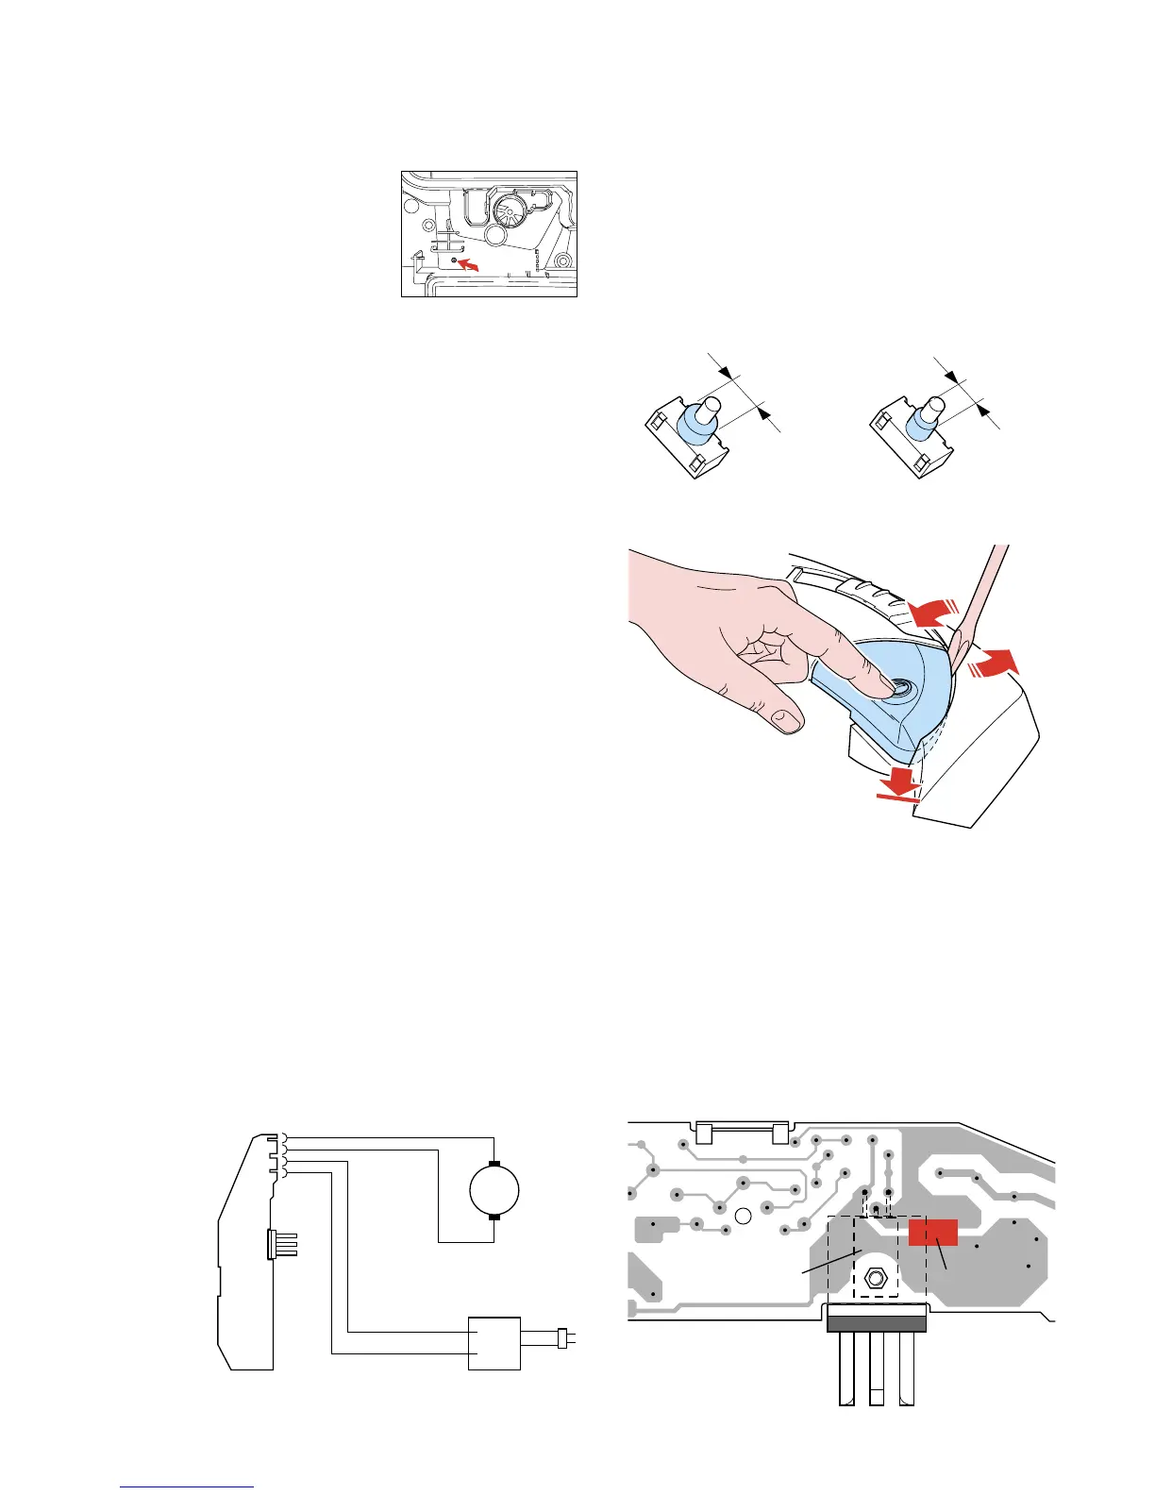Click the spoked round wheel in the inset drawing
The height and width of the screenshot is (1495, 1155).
pyautogui.click(x=510, y=211)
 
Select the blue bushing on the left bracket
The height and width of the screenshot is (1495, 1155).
pyautogui.click(x=696, y=424)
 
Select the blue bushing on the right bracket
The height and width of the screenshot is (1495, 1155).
pyautogui.click(x=919, y=426)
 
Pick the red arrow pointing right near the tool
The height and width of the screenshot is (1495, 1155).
pyautogui.click(x=993, y=663)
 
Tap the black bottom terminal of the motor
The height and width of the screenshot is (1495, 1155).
pyautogui.click(x=494, y=1218)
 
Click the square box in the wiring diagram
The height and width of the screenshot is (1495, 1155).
pyautogui.click(x=494, y=1343)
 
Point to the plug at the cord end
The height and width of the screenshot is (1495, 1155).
pyautogui.click(x=562, y=1337)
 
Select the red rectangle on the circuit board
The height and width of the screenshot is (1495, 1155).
pyautogui.click(x=933, y=1233)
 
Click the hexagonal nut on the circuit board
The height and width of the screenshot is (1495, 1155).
pyautogui.click(x=875, y=1280)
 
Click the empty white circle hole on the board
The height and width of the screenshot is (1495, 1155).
pyautogui.click(x=742, y=1216)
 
